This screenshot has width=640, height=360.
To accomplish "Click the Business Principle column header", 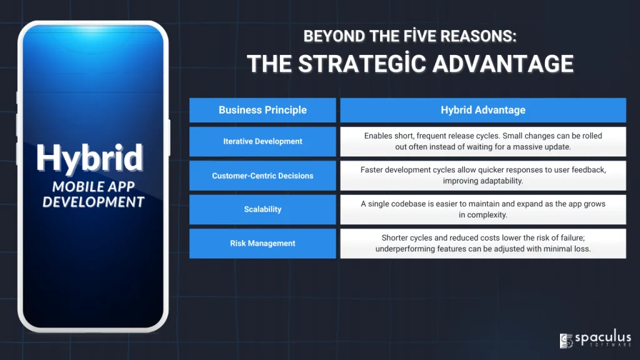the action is (262, 110).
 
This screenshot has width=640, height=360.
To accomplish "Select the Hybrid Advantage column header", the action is (483, 110).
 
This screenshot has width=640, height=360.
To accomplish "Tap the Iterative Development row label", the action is (262, 142).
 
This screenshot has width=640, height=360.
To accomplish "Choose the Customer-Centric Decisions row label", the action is (262, 176).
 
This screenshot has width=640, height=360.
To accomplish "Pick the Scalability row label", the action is (262, 209).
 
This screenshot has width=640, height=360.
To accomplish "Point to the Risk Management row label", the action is (262, 243).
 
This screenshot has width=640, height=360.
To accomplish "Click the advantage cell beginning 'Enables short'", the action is (483, 142).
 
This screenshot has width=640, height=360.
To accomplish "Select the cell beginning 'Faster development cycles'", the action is (483, 176).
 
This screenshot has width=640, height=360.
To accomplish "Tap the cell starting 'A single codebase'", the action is (483, 209).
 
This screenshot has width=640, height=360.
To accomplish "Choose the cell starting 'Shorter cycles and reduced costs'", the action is (483, 243).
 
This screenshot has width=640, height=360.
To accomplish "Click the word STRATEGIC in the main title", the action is (362, 64).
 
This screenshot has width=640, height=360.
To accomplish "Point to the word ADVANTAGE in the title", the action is (503, 64).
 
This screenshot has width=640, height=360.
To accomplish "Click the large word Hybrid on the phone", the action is (90, 158).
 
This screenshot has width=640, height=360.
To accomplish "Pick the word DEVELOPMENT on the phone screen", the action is (94, 202).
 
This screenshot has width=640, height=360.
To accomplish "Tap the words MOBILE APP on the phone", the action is (94, 186).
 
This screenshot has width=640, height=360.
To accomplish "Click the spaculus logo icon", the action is (566, 341).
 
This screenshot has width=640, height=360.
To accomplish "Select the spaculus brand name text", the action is (603, 338).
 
